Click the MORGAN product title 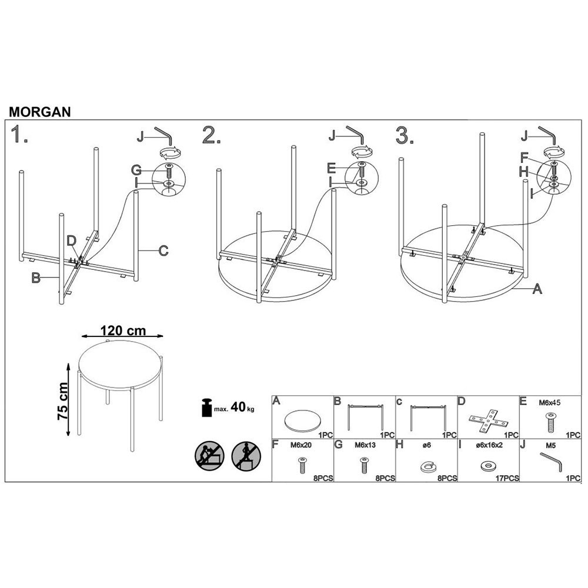[x=40, y=112]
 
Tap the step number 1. [x=19, y=135]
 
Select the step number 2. [x=212, y=135]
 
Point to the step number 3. [x=405, y=135]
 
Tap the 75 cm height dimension [x=63, y=401]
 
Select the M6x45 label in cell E [x=550, y=403]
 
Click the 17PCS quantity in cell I [x=507, y=478]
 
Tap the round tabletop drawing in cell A [x=302, y=420]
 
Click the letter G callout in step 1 [x=136, y=171]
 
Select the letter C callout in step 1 [x=163, y=250]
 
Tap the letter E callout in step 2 [x=331, y=168]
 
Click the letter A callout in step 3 [x=537, y=289]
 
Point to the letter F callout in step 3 [x=524, y=158]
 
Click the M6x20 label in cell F [x=300, y=445]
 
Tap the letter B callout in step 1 [x=36, y=278]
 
